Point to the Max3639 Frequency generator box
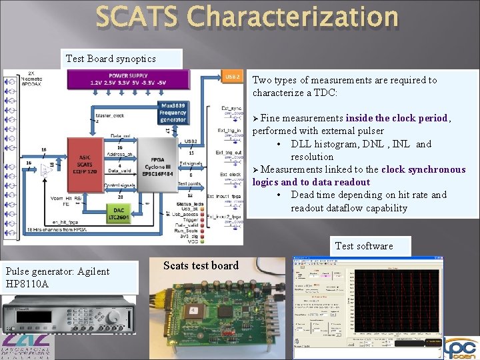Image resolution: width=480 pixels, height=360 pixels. (173, 113)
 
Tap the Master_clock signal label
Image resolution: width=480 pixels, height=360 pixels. (109, 116)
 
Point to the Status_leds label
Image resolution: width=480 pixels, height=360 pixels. (190, 203)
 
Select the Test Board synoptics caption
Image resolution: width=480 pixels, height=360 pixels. (111, 59)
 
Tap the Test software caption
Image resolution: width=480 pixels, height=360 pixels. (364, 246)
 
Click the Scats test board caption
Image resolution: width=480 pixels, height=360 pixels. (201, 265)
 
